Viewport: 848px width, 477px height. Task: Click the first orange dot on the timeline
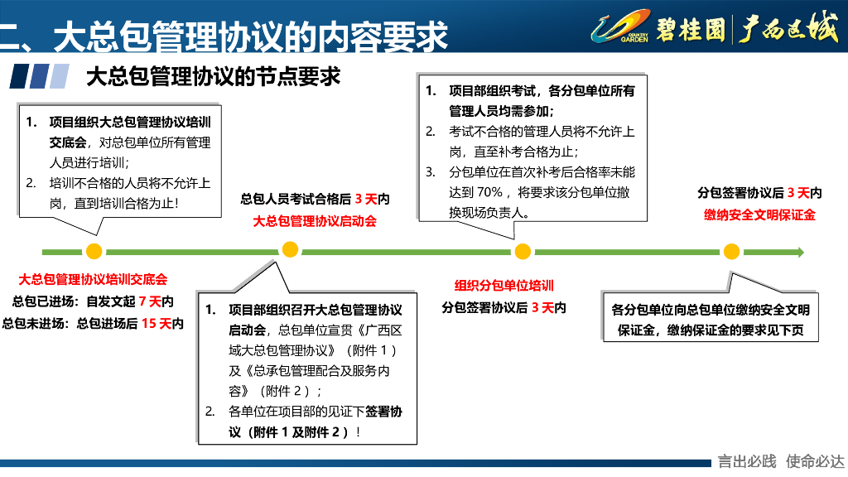94,251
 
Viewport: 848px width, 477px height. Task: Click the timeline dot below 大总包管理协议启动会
290,250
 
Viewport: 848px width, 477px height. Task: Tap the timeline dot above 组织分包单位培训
522,251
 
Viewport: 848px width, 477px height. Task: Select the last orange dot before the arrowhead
730,251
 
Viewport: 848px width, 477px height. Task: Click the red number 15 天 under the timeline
155,323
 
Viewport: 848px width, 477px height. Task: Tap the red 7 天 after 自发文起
150,301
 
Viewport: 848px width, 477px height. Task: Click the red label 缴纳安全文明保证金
759,214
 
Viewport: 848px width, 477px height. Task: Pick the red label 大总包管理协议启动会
315,221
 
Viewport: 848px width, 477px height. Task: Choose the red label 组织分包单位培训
503,286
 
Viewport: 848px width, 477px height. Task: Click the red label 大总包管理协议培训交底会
93,280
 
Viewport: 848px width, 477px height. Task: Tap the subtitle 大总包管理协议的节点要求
214,76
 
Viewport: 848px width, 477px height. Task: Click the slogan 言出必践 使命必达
781,461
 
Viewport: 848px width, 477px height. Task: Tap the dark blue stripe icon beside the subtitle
18,77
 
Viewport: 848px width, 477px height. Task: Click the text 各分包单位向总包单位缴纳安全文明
711,310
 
